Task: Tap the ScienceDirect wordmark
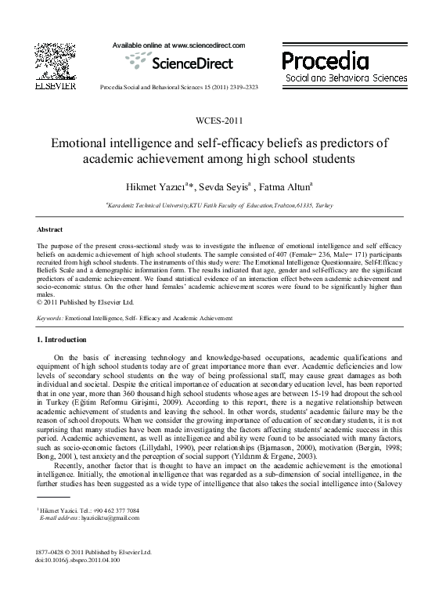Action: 185,62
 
